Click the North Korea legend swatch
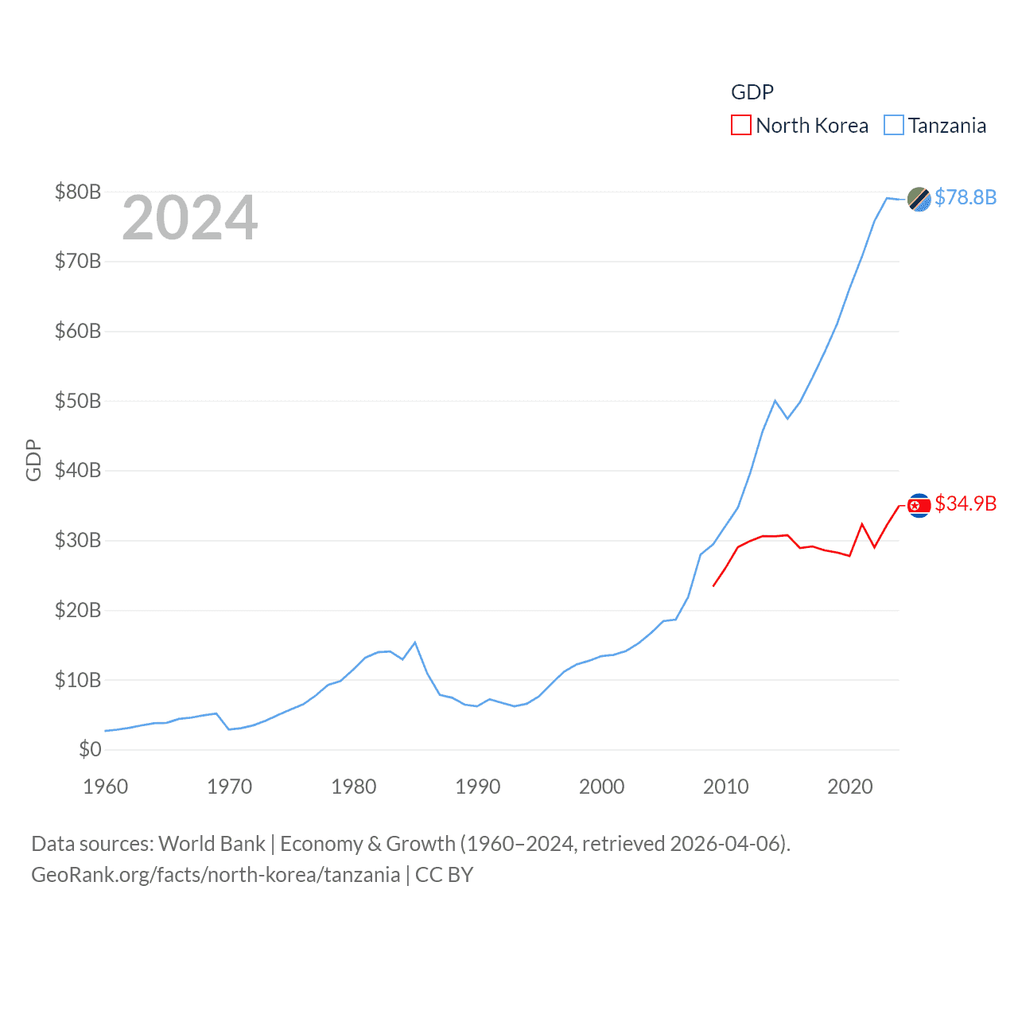coord(740,126)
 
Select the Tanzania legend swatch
coord(894,126)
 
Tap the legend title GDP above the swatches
coord(752,92)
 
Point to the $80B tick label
coord(78,192)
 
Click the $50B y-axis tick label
coord(78,401)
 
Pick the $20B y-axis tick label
coord(78,610)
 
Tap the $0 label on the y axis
coord(90,749)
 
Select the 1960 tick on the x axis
coord(106,787)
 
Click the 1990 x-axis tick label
coord(478,787)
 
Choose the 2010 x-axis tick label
coord(726,787)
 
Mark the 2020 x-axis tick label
coord(850,787)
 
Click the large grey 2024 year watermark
coord(189,218)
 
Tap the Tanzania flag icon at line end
coord(919,199)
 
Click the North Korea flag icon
coord(919,505)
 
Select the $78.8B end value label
coord(966,197)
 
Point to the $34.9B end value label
coord(966,503)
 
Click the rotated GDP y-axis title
coord(33,460)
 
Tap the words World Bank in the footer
coord(212,844)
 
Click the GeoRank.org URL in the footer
coord(216,875)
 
